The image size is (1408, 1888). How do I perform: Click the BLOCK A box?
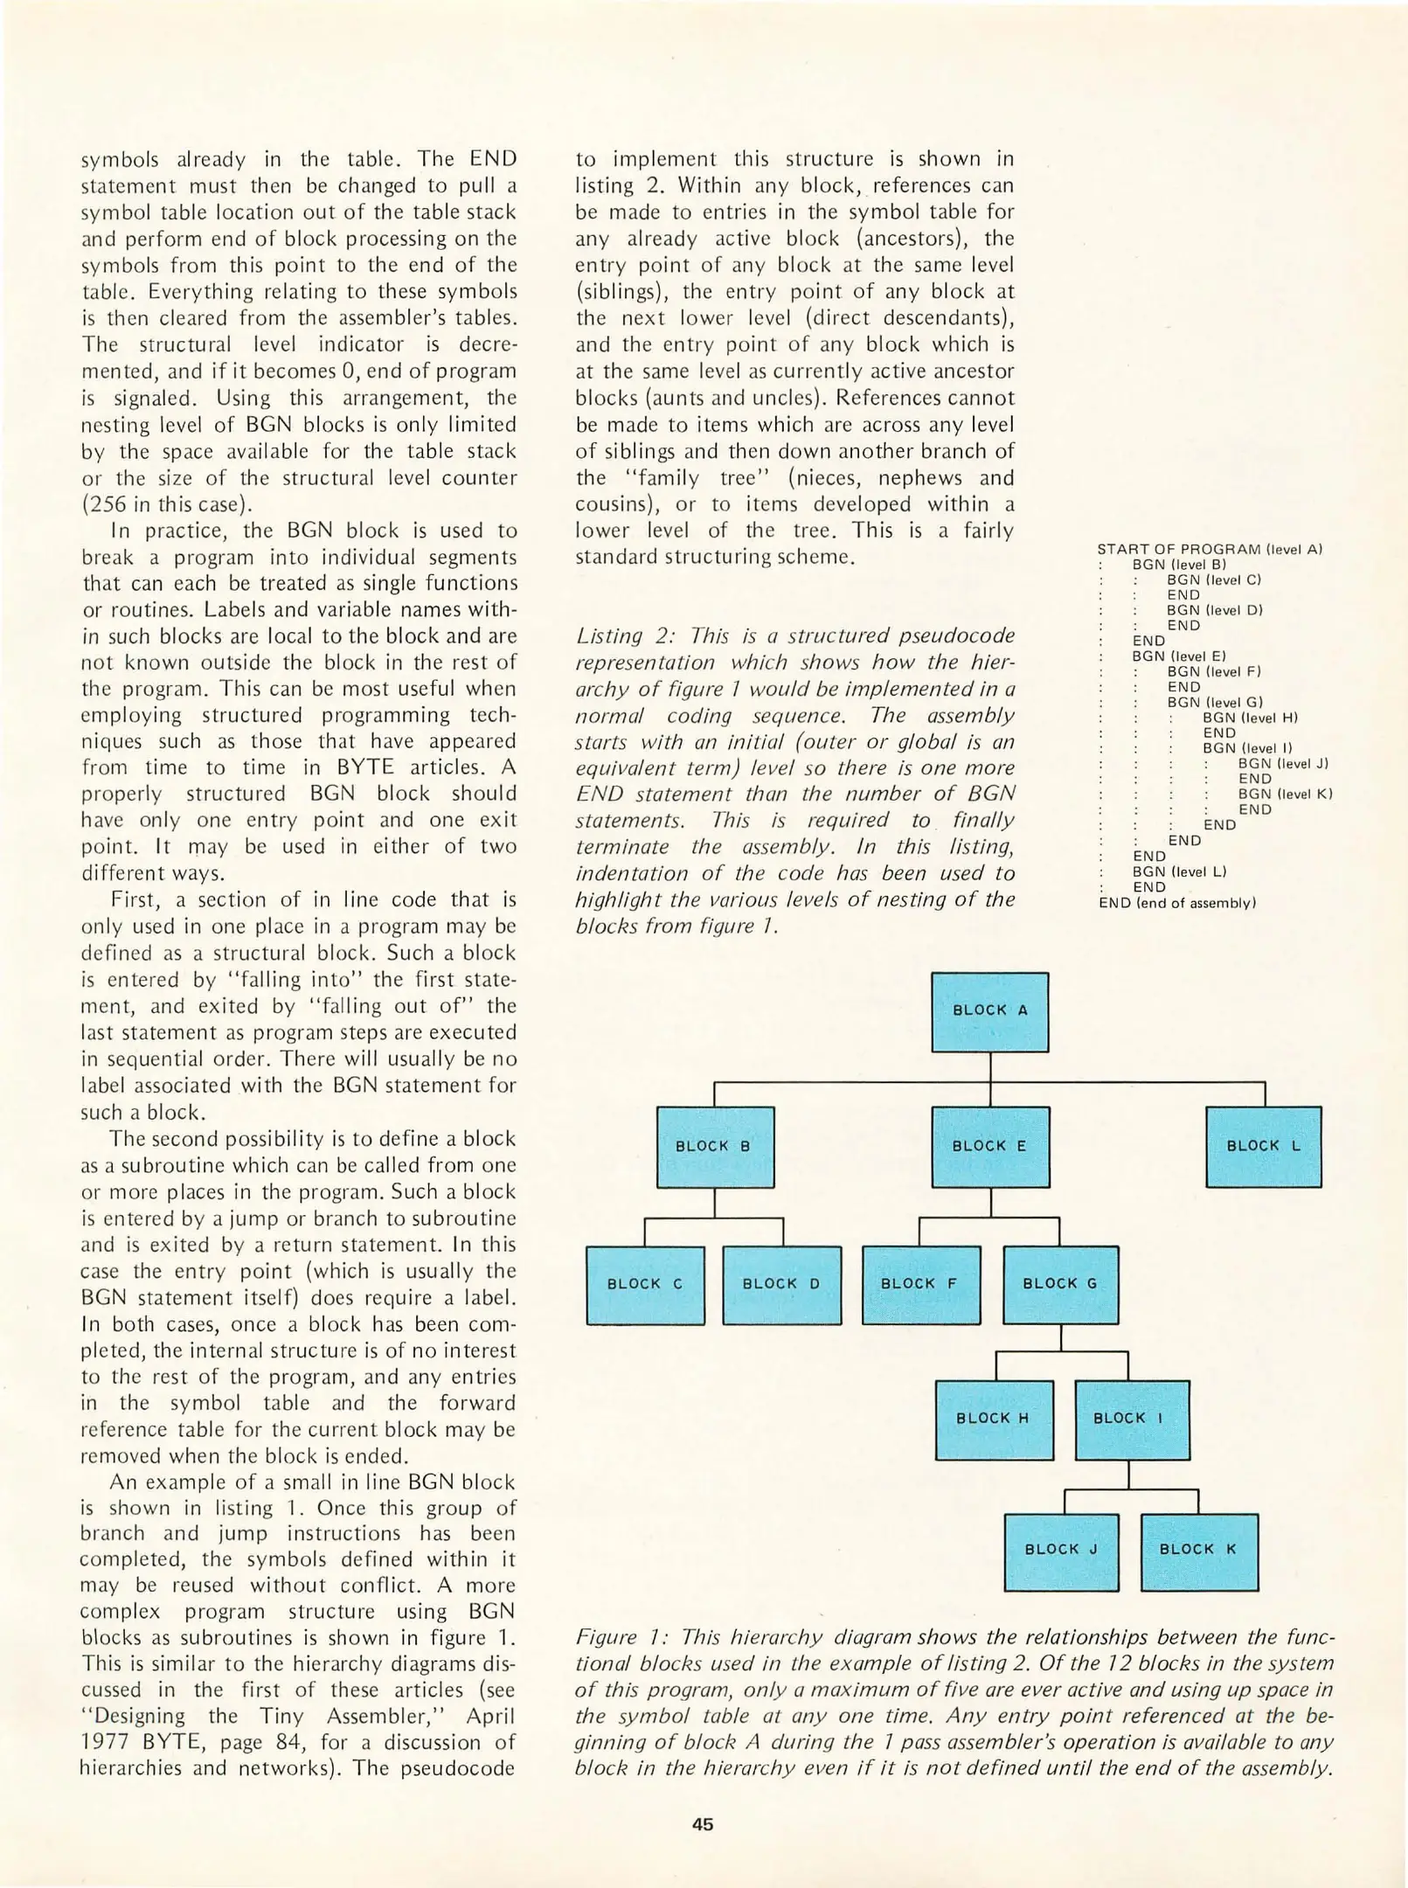pos(989,1011)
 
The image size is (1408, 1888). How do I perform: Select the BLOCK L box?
pos(1263,1146)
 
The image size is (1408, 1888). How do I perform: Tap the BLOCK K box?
pos(1199,1551)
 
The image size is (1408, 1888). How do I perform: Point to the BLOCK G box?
pos(1060,1284)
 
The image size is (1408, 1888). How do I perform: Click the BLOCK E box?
pos(990,1147)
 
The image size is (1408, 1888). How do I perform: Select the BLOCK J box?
pos(1061,1551)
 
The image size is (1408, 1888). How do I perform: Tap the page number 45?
pos(703,1824)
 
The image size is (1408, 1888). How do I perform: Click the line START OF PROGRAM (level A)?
pos(1210,549)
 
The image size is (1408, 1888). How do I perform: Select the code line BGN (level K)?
pos(1284,795)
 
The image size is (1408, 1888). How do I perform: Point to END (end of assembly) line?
pos(1176,903)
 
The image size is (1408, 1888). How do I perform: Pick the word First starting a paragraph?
pos(137,899)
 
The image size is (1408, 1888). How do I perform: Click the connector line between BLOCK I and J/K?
pos(1129,1477)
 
